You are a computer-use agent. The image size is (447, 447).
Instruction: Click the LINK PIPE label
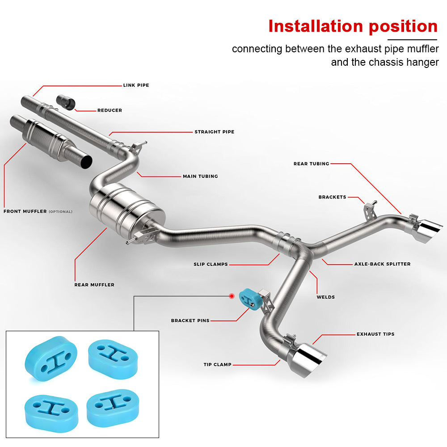coord(136,85)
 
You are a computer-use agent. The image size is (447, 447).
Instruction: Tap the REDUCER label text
coord(110,110)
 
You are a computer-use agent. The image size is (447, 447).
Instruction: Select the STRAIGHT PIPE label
coord(214,132)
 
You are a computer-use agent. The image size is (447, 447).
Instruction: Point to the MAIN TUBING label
coord(200,176)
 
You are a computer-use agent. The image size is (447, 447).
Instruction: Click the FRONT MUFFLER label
coord(25,211)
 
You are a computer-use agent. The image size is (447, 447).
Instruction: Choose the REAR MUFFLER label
coord(94,285)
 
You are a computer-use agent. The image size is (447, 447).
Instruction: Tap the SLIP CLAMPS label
coord(211,264)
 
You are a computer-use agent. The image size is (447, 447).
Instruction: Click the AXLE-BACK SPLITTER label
coord(382,264)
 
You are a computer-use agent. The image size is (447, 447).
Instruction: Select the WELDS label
coord(325,297)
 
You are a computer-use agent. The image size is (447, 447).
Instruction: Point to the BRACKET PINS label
coord(190,320)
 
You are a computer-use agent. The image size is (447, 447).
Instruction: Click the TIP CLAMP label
coord(217,365)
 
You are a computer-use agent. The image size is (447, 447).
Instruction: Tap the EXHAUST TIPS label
coord(375,334)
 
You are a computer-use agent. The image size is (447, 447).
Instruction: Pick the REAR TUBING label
coord(311,164)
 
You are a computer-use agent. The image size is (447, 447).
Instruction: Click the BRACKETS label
coord(332,197)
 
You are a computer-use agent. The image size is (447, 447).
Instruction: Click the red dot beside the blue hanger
coord(232,296)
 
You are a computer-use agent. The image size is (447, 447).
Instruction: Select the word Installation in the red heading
coord(316,26)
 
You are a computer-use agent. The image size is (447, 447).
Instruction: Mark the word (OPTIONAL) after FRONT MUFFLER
coord(60,211)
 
